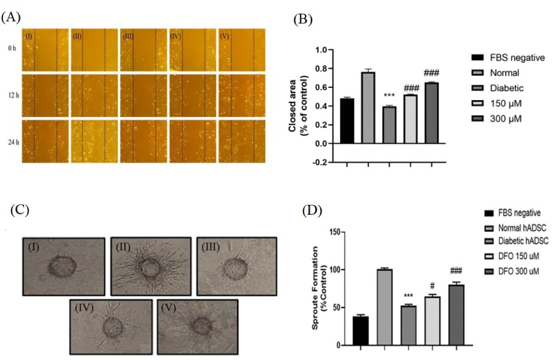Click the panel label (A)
[11, 17]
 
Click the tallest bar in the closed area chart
[368, 108]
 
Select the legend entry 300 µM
[507, 119]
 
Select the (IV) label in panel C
[85, 309]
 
